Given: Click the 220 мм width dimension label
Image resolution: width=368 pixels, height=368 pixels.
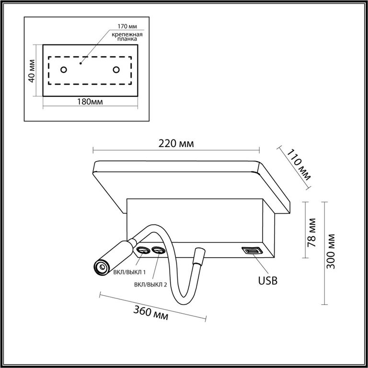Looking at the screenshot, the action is [x=176, y=144].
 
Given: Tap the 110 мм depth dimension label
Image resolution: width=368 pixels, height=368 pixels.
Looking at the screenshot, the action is [x=299, y=164].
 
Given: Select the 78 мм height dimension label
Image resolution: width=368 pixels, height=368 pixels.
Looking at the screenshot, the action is [x=312, y=232].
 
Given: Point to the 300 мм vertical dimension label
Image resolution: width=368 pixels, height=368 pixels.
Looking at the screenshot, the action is [x=331, y=251].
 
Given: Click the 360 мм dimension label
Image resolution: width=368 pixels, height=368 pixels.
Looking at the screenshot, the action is [x=150, y=313].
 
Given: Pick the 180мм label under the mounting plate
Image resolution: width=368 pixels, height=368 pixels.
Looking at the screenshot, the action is [x=90, y=102].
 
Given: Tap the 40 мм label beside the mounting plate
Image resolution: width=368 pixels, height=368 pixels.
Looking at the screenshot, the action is [x=32, y=71].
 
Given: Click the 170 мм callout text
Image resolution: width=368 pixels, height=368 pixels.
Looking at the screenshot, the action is [x=127, y=26].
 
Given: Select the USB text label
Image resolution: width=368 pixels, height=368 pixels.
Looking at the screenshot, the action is [x=268, y=280].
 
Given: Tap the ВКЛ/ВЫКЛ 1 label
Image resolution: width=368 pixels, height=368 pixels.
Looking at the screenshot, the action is [x=129, y=272].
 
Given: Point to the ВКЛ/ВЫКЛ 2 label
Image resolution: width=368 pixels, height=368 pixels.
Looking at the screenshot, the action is [x=150, y=285].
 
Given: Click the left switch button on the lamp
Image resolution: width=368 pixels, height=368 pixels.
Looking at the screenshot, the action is [x=143, y=251].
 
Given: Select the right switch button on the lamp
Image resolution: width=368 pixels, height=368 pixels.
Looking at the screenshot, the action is [x=158, y=251].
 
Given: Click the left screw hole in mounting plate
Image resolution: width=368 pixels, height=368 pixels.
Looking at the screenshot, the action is [x=64, y=69].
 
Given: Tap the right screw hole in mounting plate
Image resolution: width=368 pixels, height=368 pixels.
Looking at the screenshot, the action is [x=116, y=69].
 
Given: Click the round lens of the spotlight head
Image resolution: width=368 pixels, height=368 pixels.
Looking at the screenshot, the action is [x=103, y=267].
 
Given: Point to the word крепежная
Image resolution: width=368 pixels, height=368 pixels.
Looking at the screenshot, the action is [x=127, y=34].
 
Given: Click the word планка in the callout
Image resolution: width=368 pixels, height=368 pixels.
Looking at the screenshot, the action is [x=127, y=39].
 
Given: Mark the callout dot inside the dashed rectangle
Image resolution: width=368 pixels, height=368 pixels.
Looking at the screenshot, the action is [x=80, y=63].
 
